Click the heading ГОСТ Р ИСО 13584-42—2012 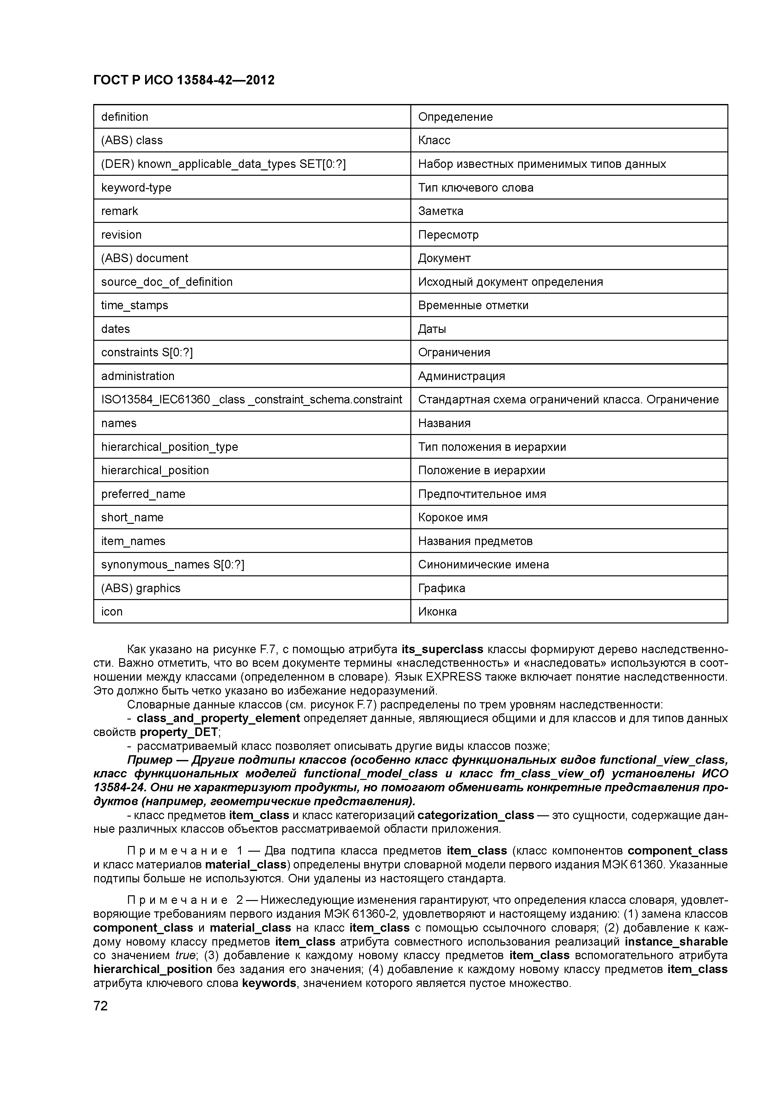[x=184, y=80]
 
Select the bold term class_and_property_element [x=218, y=718]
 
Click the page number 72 [x=101, y=1007]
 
